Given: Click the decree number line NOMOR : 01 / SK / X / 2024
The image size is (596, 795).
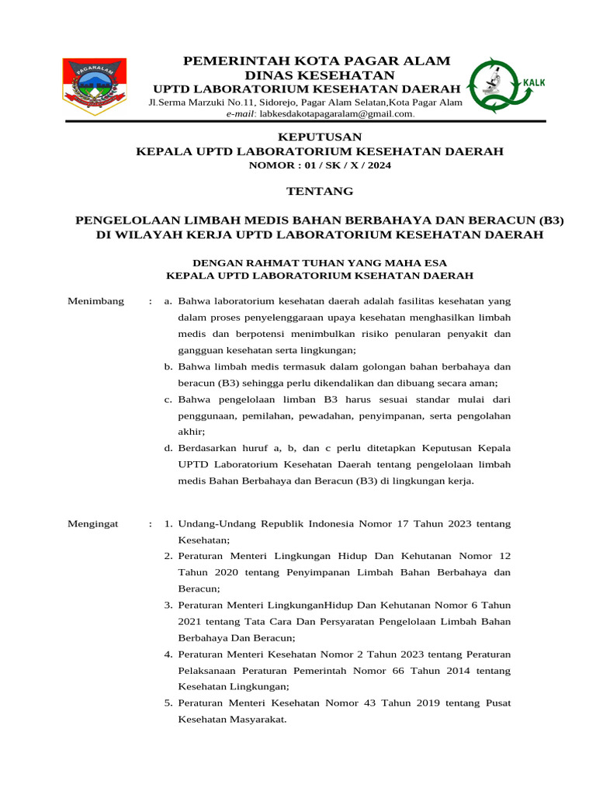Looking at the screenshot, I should pos(319,165).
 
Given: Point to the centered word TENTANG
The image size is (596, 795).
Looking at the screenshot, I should pos(319,191).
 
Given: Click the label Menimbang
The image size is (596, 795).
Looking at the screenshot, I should pos(96,301).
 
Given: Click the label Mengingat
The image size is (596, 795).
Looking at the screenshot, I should pos(93,524).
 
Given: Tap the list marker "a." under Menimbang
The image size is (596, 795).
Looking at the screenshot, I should pos(168,301).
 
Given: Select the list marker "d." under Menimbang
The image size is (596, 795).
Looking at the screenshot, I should pos(168,448).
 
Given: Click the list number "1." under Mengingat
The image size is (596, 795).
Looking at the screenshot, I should pos(168,524).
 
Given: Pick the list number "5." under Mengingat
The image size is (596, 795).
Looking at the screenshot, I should pos(168,703).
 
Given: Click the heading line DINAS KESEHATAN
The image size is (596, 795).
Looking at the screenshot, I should pos(319,75).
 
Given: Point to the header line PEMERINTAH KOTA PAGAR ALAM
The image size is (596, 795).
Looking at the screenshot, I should pos(316,61).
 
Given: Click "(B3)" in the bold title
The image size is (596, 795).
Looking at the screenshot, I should pos(546,220).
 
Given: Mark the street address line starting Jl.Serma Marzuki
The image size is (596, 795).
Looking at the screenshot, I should pos(305,102).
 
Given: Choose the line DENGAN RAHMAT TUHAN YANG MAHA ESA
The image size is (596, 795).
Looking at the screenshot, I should pos(319,262).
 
